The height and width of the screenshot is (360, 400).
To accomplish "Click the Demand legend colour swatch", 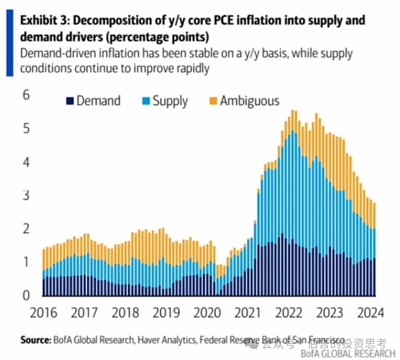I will pos(69,101).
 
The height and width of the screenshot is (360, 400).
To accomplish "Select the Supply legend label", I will pos(170,101).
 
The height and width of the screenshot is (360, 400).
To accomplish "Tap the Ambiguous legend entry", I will pos(250,101).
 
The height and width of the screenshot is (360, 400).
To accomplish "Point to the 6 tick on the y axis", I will pos(26,95).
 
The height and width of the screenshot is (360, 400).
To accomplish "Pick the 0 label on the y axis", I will pos(26,295).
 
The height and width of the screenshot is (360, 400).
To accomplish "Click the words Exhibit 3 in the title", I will pos(43,20).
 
